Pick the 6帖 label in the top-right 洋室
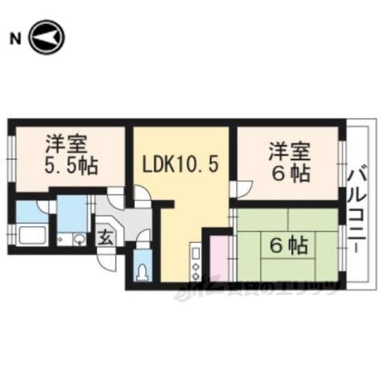[290, 173]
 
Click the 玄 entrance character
[106, 237]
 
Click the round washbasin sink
[78, 239]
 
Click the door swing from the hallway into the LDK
[140, 197]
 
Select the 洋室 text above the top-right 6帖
[286, 150]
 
